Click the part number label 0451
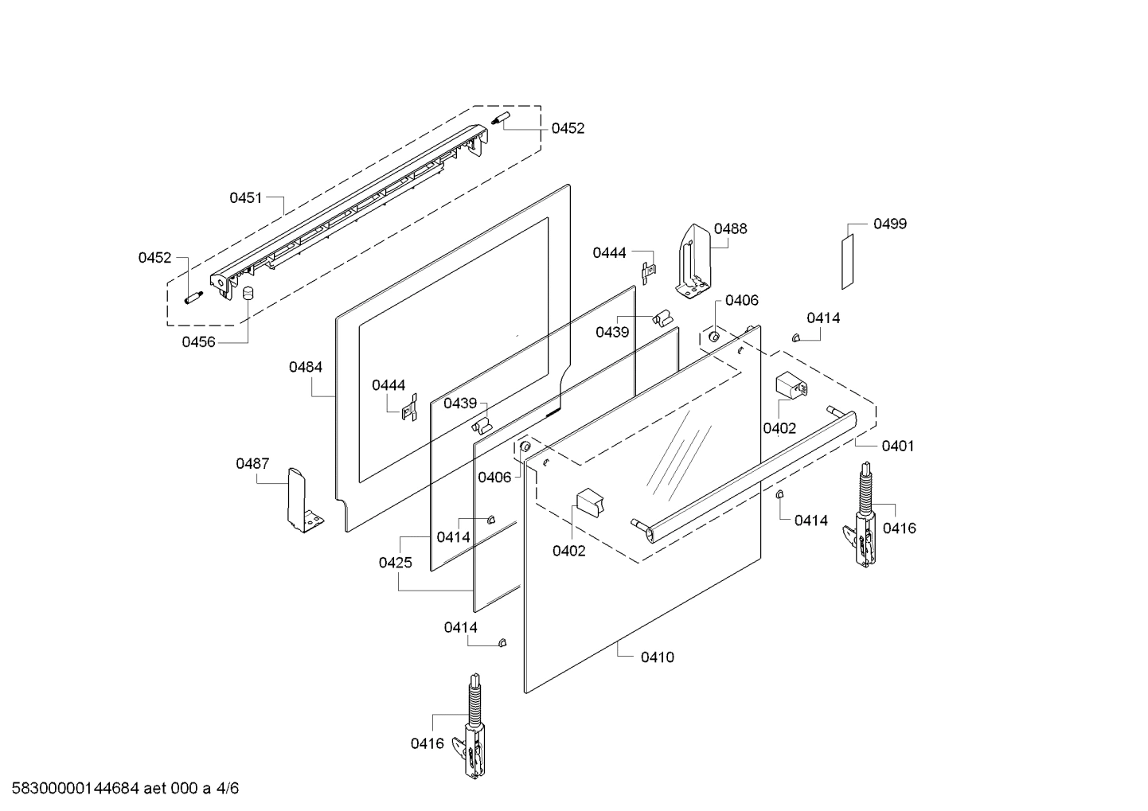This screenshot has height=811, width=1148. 245,198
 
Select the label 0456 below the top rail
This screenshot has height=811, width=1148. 198,342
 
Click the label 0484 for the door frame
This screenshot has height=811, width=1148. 306,367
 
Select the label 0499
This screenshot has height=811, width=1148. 889,224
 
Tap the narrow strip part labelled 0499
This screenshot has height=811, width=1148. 849,262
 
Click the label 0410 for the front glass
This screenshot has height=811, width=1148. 657,657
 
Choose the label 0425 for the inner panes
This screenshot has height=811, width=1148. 395,563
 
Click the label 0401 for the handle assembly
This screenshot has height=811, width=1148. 897,446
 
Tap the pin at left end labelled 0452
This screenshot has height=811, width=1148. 193,298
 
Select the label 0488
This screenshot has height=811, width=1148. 730,228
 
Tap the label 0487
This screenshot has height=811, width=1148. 252,463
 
